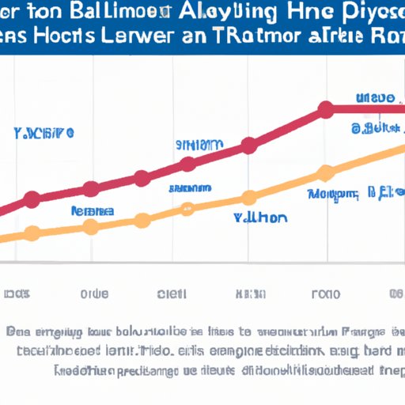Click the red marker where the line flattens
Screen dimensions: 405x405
click(325, 110)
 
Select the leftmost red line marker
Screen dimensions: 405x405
click(32, 199)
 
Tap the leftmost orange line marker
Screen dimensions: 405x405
click(32, 233)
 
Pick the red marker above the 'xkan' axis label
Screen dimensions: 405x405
click(249, 146)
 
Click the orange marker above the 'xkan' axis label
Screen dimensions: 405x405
click(249, 198)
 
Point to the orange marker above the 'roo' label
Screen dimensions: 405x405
click(325, 173)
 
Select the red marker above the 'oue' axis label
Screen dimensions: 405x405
click(92, 188)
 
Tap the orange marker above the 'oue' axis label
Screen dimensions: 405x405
click(92, 227)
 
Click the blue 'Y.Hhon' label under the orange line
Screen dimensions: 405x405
click(261, 218)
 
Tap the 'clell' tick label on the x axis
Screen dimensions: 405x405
click(172, 293)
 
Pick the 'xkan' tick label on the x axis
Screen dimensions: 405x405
click(248, 293)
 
